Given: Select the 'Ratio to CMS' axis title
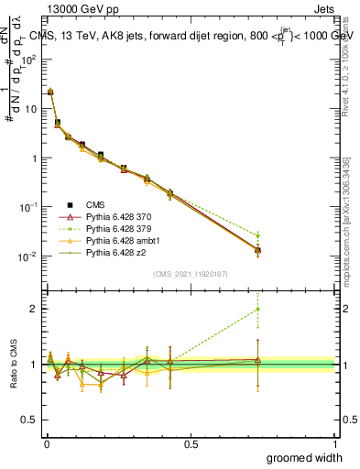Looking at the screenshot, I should [x=14, y=364].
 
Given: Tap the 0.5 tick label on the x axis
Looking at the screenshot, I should [x=191, y=444].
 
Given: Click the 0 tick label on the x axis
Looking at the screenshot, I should [x=46, y=444].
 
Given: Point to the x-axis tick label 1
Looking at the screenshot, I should [x=334, y=444].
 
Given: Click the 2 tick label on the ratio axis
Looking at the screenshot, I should [x=37, y=309].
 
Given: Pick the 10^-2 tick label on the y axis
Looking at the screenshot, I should [x=30, y=256].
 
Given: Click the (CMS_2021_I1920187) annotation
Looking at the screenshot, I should [x=190, y=274].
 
